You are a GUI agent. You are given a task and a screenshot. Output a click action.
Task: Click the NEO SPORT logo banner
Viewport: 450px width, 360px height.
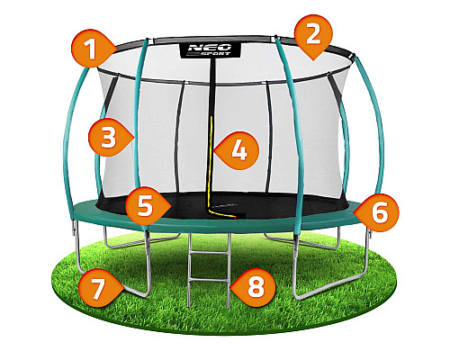click(210, 50)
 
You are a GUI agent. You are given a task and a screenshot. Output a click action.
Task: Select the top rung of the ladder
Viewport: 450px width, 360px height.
click(210, 254)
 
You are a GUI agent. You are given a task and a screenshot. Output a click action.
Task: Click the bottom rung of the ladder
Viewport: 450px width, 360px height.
click(209, 280)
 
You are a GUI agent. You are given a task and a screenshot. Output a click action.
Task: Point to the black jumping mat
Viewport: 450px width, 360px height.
click(222, 205)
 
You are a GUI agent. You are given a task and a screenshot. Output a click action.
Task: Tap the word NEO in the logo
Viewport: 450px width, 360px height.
click(210, 47)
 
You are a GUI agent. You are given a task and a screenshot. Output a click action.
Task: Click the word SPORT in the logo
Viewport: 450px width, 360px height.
click(215, 54)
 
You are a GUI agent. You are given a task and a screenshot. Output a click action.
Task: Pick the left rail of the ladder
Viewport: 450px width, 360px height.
click(190, 270)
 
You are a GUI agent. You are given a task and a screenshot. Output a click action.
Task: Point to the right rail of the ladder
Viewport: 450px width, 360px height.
click(229, 271)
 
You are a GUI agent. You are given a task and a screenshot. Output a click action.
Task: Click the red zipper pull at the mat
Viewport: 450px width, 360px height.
click(236, 217)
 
